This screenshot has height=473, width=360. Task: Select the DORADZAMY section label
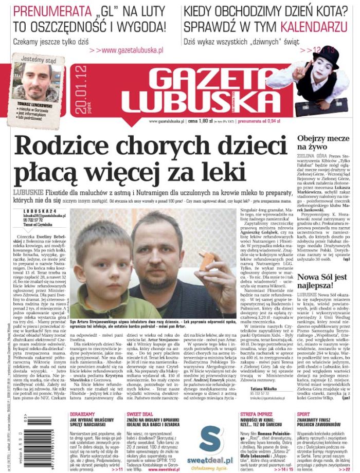[82, 413]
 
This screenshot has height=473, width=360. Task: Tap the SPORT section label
[304, 413]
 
